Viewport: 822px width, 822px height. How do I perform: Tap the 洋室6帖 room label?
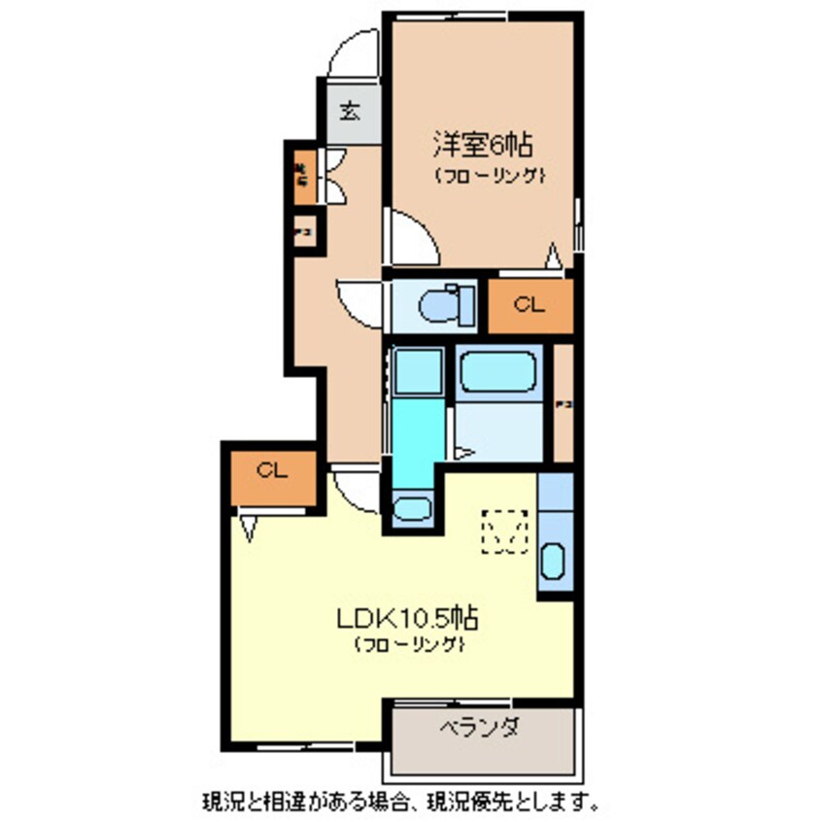[482, 147]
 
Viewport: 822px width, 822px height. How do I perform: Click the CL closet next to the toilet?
[529, 305]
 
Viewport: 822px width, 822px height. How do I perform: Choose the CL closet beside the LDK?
[273, 471]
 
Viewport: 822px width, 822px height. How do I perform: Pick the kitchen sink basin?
[553, 563]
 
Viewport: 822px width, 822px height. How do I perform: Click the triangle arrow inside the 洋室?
[553, 256]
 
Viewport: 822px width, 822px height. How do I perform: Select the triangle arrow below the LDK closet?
[250, 527]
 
